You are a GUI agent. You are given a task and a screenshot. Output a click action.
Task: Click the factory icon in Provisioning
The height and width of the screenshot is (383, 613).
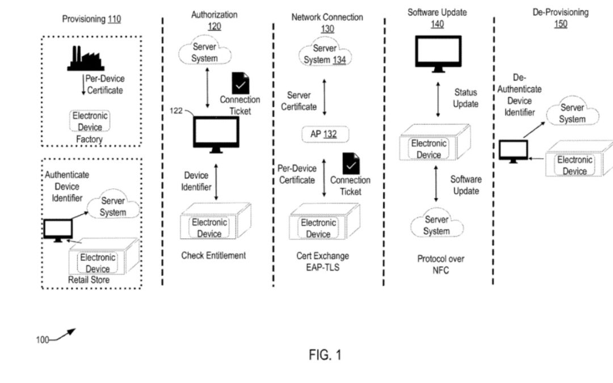[x=85, y=58]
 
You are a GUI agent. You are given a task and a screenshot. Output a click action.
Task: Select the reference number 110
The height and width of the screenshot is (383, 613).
[x=114, y=19]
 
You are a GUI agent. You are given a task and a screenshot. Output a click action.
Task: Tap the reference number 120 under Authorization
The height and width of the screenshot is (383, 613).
[x=214, y=26]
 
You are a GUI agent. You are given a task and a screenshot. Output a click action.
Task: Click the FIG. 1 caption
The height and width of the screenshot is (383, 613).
[x=325, y=355]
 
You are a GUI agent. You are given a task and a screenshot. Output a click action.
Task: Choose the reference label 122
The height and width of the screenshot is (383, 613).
[x=177, y=110]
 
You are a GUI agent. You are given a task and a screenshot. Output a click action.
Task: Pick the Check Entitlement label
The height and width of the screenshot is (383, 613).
[x=213, y=255]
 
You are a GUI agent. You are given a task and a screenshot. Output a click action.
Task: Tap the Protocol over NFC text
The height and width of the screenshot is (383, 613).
[x=440, y=264]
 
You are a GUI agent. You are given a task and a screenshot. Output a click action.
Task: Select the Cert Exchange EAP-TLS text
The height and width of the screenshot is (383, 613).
[x=322, y=261]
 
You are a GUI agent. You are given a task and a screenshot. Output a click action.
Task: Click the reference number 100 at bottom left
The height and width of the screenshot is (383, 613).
[x=43, y=340]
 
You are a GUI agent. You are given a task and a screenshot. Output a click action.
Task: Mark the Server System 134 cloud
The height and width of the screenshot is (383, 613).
[x=325, y=54]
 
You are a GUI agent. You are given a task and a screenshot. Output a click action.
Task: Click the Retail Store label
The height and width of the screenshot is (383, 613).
[x=89, y=280]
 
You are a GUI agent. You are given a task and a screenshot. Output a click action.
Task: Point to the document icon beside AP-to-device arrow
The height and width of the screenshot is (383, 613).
[x=350, y=163]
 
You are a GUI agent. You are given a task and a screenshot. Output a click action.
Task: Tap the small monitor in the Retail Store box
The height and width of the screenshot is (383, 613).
[x=58, y=229]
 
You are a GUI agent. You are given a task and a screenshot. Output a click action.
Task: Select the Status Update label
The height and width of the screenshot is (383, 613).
[x=465, y=98]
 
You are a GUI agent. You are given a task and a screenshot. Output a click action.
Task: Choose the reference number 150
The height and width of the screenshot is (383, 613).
[x=560, y=24]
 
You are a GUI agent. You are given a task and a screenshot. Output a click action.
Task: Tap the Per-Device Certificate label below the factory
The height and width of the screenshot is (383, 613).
[x=104, y=84]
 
